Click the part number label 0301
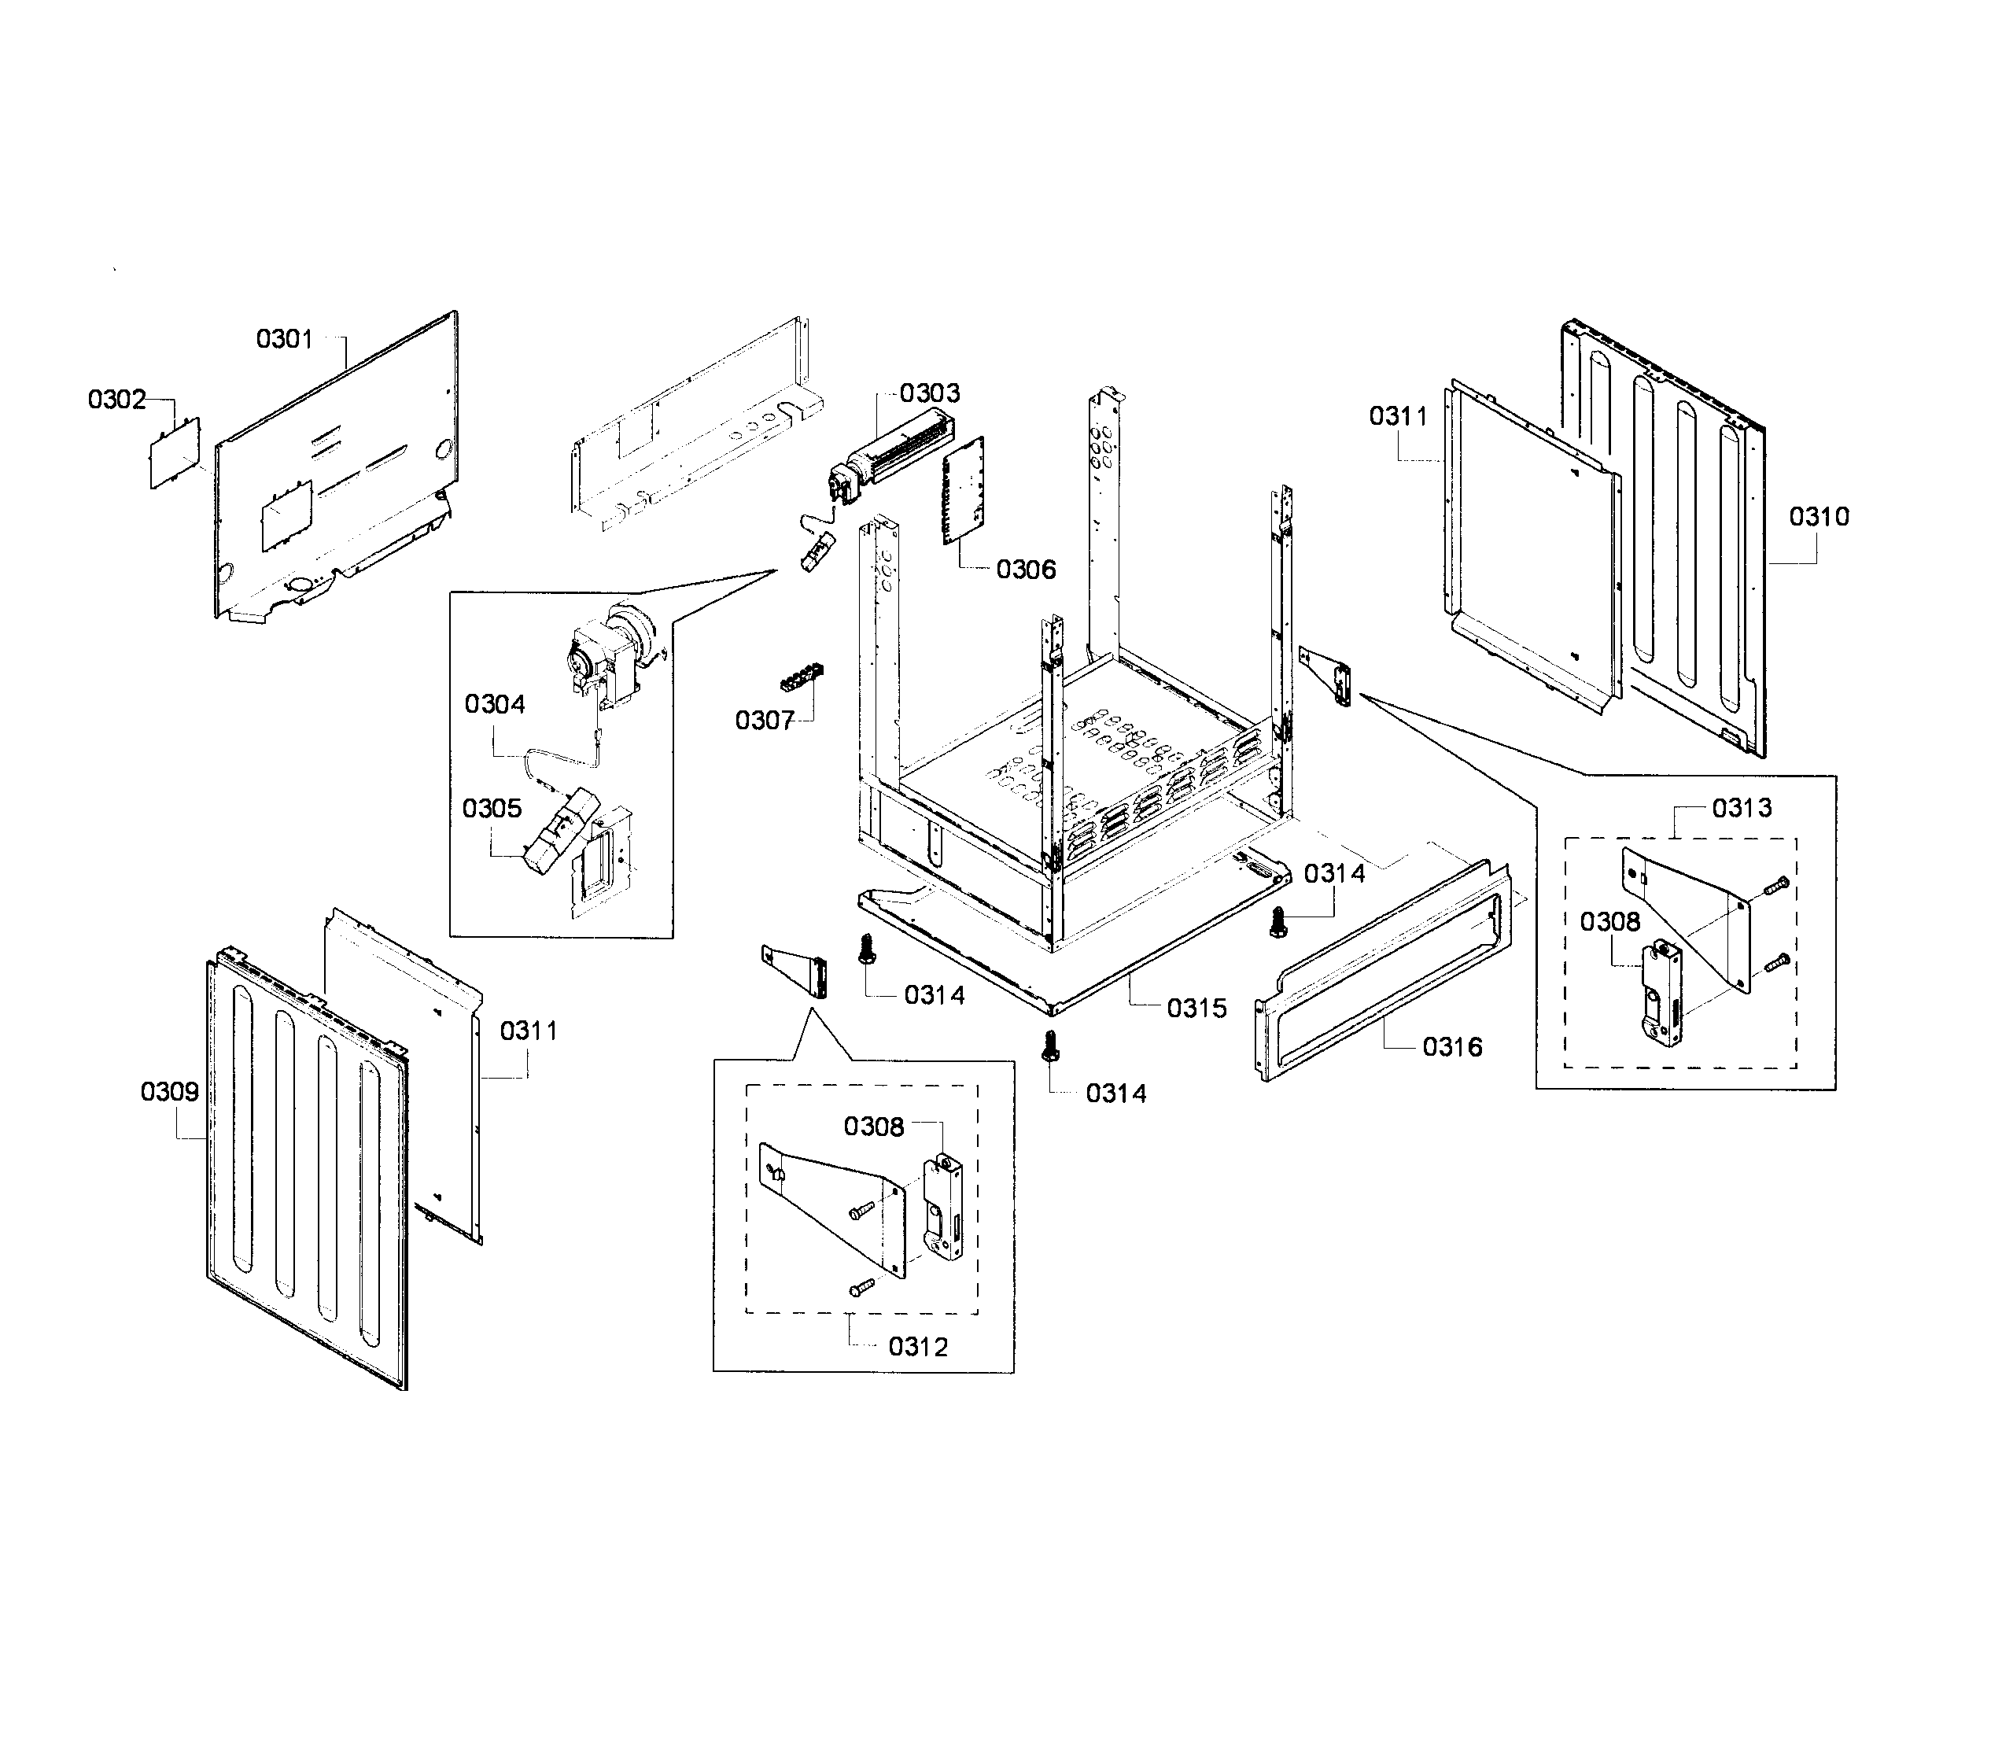(x=284, y=339)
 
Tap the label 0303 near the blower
(x=930, y=393)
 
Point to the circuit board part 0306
(x=964, y=489)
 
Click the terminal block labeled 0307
(x=801, y=677)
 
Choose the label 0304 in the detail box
(x=495, y=704)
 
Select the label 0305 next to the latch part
(x=492, y=808)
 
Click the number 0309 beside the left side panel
(x=169, y=1091)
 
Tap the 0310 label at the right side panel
(x=1819, y=516)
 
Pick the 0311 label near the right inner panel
(x=1398, y=416)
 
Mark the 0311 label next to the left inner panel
(x=528, y=1031)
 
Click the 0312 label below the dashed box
(x=918, y=1347)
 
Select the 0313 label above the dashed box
(x=1742, y=808)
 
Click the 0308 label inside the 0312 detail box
(x=874, y=1127)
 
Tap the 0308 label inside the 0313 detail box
(x=1609, y=922)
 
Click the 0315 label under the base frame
(x=1196, y=1008)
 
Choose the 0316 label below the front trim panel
(x=1451, y=1047)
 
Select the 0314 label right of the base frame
(x=1334, y=874)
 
